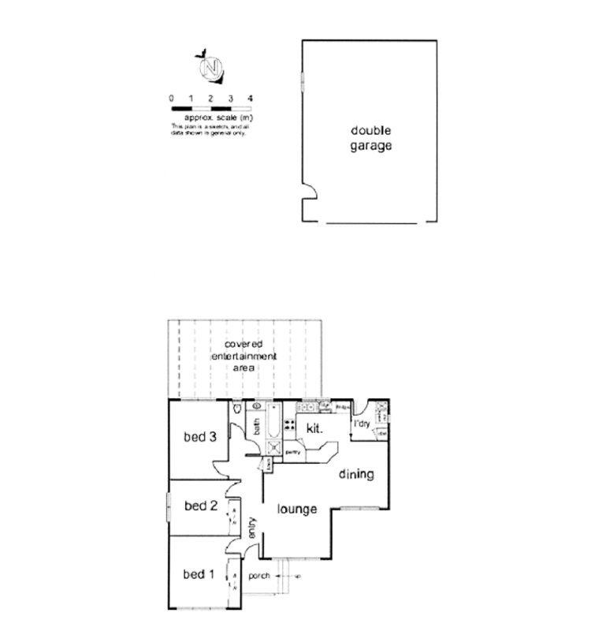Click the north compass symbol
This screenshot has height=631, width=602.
tap(210, 68)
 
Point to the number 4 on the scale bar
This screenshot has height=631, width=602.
tap(251, 98)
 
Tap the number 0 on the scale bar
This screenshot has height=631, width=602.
tap(171, 98)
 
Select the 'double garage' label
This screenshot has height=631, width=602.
tap(370, 139)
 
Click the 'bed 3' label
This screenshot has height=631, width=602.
tap(200, 439)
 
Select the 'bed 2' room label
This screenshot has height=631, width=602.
tap(200, 506)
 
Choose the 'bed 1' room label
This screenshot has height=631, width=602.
tap(199, 573)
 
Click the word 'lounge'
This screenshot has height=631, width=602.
tap(298, 510)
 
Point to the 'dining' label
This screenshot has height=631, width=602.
tap(355, 475)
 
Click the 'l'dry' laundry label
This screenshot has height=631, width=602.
tap(362, 424)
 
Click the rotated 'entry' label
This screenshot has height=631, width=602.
tap(253, 528)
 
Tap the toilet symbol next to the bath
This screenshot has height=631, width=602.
tap(236, 409)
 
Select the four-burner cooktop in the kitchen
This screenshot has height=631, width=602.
tap(288, 427)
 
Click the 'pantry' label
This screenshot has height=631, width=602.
tap(292, 452)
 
